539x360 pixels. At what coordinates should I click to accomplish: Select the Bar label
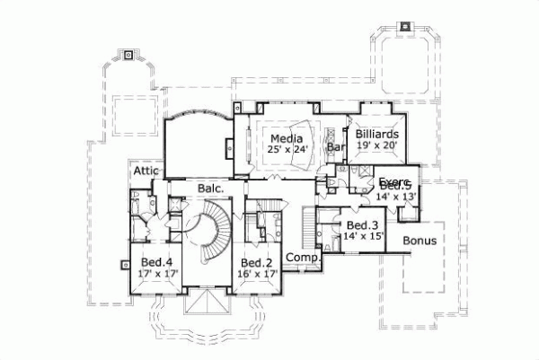point(336,146)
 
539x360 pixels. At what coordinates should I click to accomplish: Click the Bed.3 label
point(360,224)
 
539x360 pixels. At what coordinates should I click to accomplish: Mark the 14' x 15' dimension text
point(362,236)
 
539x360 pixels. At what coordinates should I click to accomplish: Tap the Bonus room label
point(420,241)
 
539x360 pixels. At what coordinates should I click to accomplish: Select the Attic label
point(146,171)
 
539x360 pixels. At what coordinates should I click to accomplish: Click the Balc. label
point(210,189)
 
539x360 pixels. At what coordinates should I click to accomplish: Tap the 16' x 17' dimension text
point(256,275)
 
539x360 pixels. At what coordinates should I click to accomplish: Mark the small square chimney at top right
point(402,24)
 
